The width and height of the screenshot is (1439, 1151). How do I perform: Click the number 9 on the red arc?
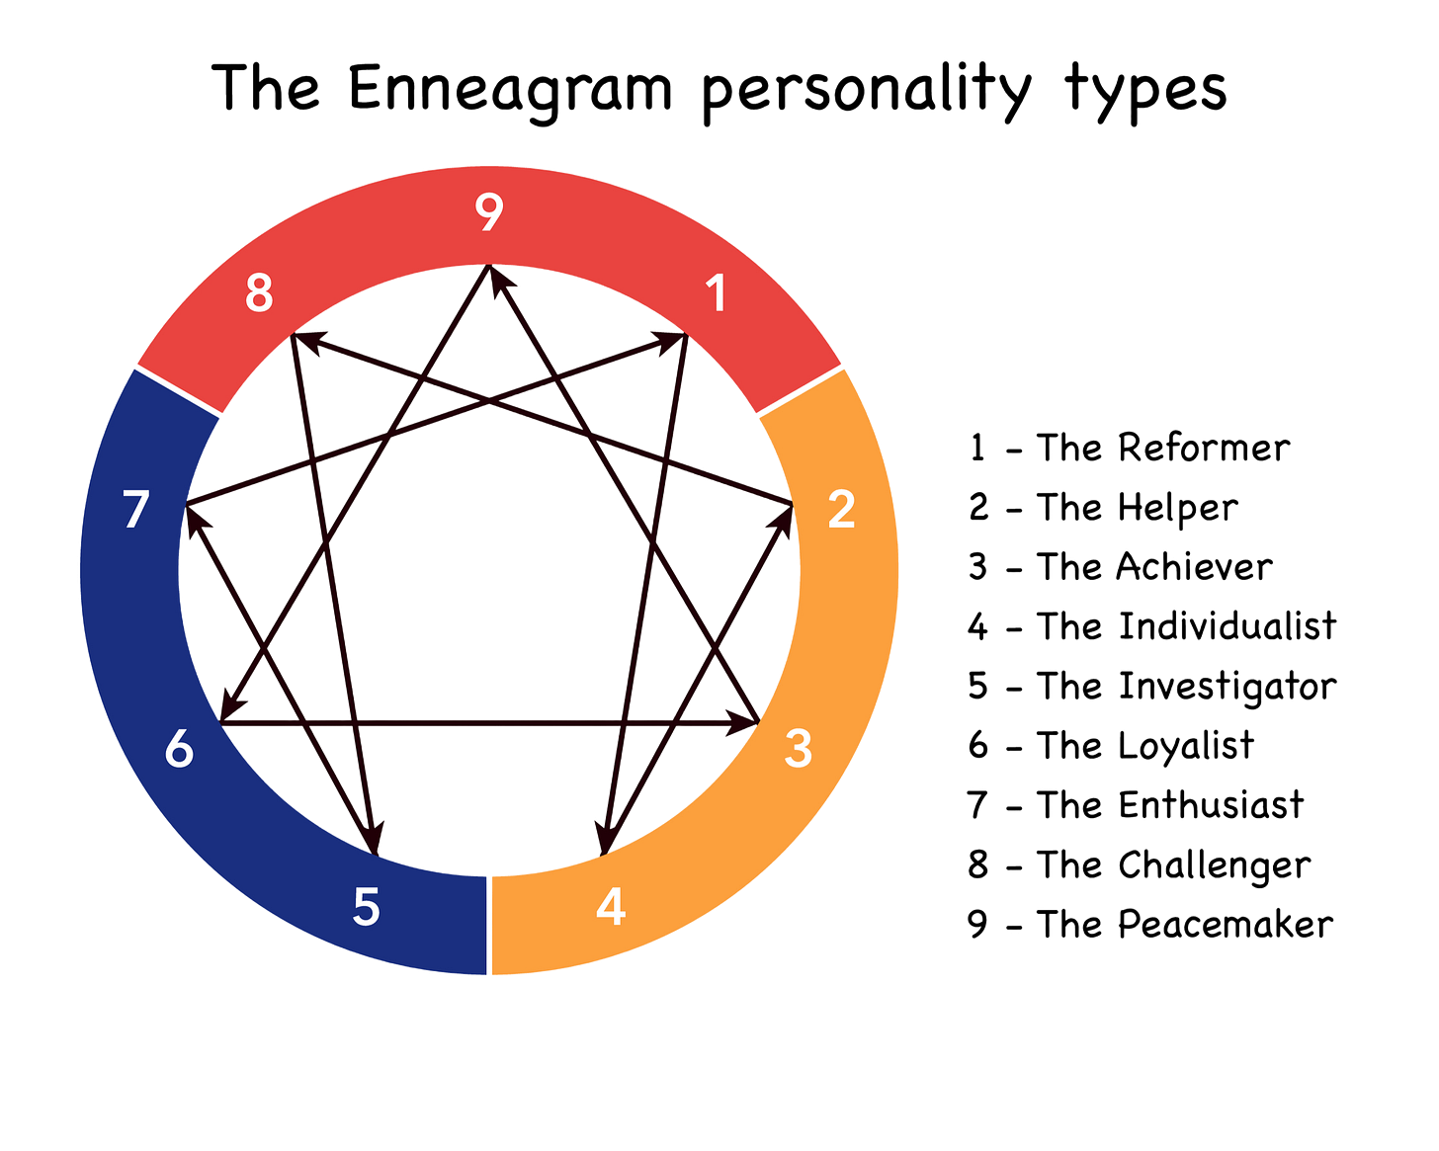[489, 211]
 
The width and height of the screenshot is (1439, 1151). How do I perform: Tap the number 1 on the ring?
[717, 293]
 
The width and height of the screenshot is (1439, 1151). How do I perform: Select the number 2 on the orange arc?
[841, 509]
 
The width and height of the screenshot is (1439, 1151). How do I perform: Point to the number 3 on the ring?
[798, 748]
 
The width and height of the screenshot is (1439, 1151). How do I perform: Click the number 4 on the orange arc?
[611, 906]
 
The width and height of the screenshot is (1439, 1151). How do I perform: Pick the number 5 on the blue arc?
[366, 906]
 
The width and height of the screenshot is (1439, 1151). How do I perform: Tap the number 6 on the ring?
[179, 748]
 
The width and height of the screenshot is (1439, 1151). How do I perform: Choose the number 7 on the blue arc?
[136, 509]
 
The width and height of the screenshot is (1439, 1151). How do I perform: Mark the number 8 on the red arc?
[259, 293]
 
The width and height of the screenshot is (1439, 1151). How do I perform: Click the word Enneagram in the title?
[511, 89]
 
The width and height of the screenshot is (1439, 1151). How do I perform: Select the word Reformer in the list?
[1205, 448]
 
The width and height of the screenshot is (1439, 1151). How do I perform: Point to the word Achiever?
[1194, 567]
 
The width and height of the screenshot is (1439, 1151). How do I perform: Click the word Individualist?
[1227, 626]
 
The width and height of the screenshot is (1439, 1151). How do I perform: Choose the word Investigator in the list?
[1227, 687]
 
